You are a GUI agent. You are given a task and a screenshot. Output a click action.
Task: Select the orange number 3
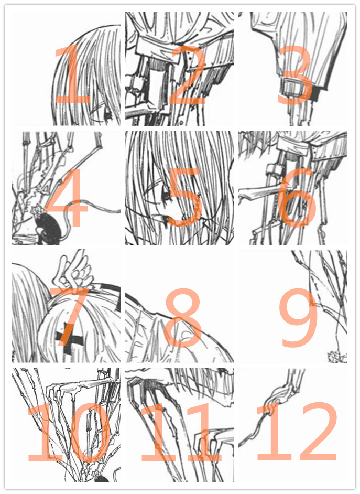[295, 75]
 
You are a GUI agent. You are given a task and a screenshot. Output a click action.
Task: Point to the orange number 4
[67, 197]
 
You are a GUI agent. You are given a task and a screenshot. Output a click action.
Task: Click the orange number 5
[185, 197]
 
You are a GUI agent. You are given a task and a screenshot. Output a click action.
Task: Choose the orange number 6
[297, 197]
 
